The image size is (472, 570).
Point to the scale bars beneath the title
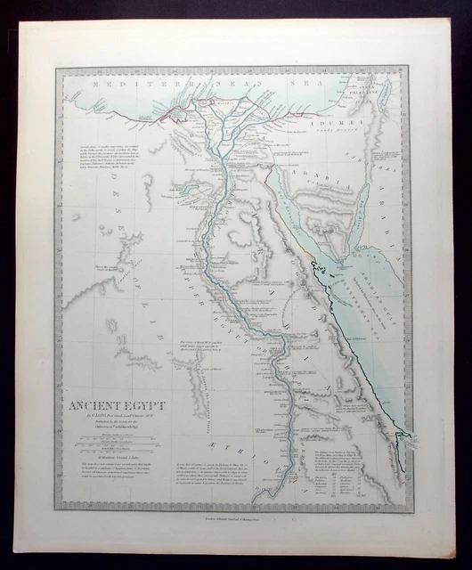111,447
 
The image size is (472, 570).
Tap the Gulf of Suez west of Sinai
289,196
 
